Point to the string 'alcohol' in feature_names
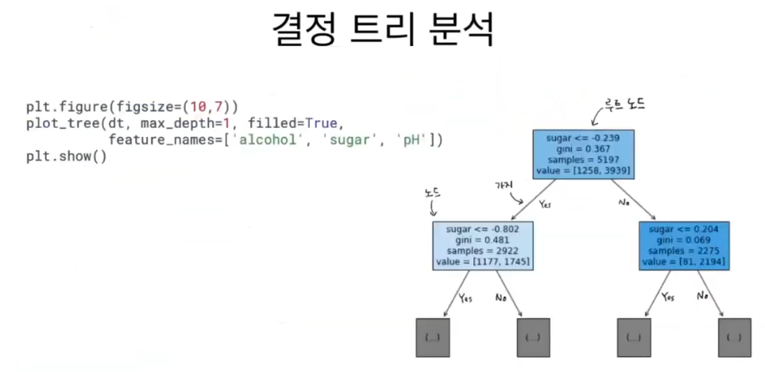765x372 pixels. tap(274, 140)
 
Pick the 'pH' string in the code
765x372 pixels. tap(413, 140)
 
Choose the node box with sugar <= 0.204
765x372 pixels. tap(683, 244)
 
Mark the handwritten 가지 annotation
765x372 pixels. tap(504, 185)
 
